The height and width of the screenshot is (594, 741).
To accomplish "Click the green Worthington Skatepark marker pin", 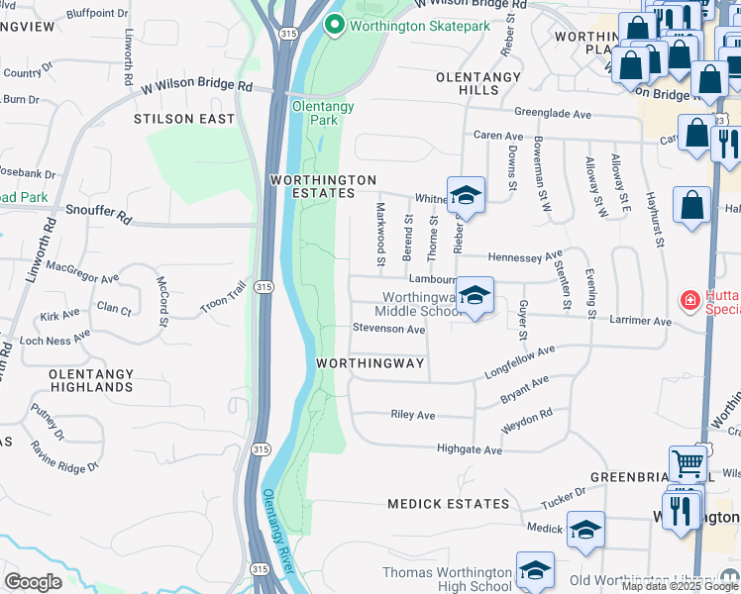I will (335, 25).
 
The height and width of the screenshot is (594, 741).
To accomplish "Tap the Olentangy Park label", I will (315, 112).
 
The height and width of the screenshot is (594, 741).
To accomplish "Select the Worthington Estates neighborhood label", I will (324, 186).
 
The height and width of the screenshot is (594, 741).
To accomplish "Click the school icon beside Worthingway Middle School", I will (476, 296).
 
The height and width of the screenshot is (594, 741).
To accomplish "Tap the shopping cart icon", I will (688, 463).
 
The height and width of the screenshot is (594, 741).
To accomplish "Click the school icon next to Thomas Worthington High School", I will (535, 570).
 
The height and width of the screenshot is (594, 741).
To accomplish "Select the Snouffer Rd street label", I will (99, 214).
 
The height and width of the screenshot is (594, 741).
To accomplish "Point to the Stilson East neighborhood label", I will (185, 119).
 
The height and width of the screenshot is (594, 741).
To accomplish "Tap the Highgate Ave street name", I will (470, 449).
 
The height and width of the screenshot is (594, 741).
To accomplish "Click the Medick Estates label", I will (448, 504).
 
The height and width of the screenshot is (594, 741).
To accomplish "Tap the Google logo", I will (33, 582).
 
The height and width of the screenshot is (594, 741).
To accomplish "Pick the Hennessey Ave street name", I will (525, 256).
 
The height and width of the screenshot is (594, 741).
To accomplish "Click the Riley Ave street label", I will (413, 415).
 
